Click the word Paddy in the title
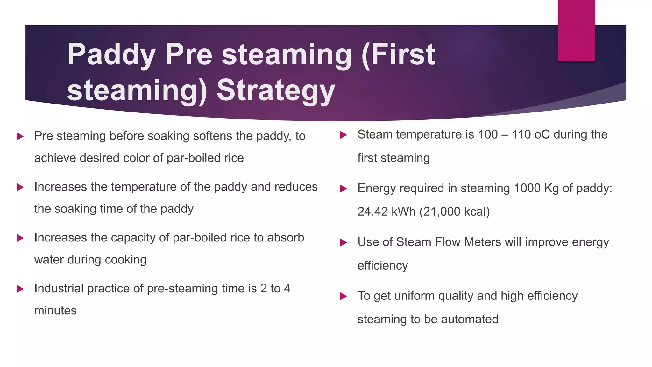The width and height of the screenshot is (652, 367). click(x=111, y=55)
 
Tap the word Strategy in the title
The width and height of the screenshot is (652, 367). click(x=276, y=91)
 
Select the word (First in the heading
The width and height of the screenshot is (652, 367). click(x=398, y=55)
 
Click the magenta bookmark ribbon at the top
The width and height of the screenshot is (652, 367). click(x=576, y=31)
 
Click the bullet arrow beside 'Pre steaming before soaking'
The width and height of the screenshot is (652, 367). click(x=20, y=137)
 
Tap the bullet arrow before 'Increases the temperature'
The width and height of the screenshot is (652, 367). click(x=20, y=187)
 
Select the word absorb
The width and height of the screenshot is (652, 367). click(x=286, y=238)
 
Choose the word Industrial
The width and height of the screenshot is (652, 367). click(x=59, y=288)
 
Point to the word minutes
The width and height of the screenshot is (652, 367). click(x=55, y=311)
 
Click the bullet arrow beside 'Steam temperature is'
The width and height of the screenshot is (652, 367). click(x=343, y=135)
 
